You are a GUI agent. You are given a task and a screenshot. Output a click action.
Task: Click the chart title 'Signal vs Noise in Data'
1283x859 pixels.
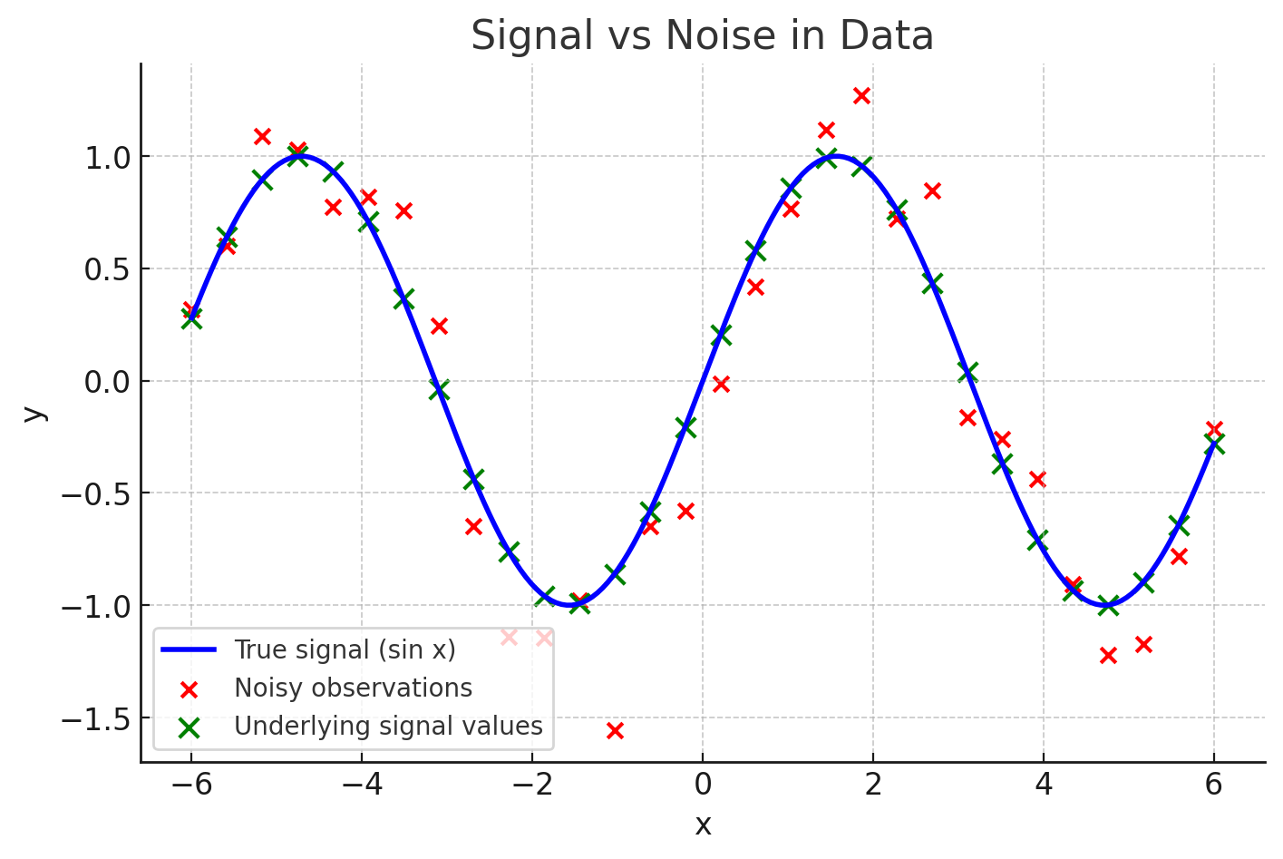[x=702, y=36]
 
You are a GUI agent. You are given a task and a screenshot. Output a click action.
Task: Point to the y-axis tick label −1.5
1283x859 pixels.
[x=95, y=719]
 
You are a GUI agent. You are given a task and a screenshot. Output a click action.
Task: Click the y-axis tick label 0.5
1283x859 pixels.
[x=107, y=269]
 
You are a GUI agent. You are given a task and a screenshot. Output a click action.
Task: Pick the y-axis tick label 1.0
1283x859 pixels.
[x=107, y=157]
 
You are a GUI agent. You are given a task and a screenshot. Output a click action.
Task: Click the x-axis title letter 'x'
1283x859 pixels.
[x=703, y=825]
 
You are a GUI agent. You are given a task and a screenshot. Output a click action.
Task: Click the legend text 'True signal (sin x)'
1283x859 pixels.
[x=345, y=649]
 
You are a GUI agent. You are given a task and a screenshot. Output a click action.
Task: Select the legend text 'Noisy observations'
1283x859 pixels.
[x=353, y=688]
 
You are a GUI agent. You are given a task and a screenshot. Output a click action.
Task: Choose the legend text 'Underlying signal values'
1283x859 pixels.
[x=388, y=726]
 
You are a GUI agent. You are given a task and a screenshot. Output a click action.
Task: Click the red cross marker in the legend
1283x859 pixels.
[x=189, y=688]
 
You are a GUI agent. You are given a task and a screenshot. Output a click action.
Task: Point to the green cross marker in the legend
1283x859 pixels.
[x=189, y=727]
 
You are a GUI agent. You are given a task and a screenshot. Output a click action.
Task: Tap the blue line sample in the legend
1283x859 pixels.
[x=189, y=649]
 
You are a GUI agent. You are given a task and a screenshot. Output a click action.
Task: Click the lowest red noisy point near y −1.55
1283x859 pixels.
[x=615, y=730]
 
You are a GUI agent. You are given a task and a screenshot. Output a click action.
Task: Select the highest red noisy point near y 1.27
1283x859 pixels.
[x=861, y=95]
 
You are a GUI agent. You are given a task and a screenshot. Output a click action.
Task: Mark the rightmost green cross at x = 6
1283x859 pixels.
[x=1214, y=444]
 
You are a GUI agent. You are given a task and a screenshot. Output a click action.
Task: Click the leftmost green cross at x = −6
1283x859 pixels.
[x=191, y=318]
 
